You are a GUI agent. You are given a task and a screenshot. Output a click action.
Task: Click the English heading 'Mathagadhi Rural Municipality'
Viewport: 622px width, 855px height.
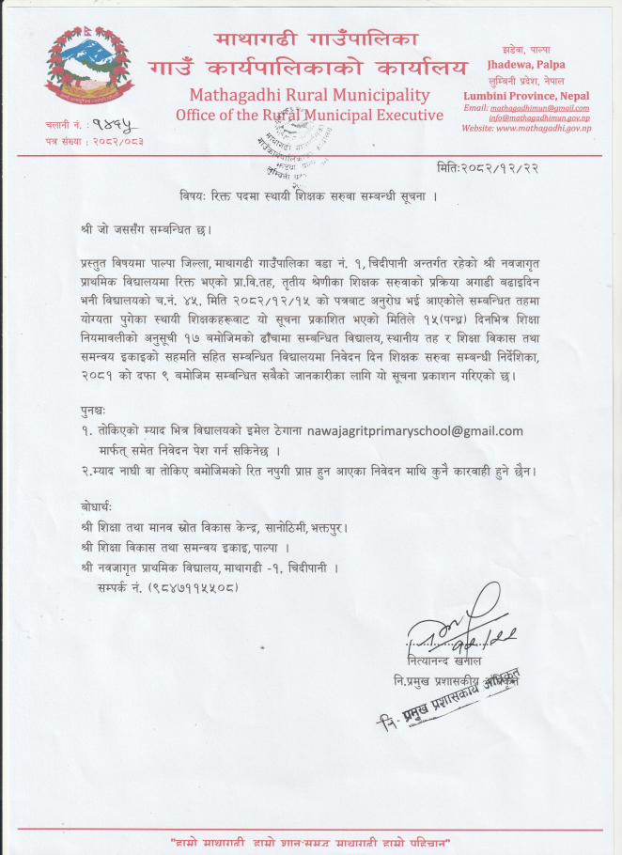[309, 95]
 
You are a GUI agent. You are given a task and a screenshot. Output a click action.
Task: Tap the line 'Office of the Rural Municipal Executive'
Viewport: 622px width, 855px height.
[309, 115]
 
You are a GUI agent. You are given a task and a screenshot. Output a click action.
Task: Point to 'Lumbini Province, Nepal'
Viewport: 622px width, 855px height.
[526, 96]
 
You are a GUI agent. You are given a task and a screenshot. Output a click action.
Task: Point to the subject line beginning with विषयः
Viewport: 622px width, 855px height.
[309, 196]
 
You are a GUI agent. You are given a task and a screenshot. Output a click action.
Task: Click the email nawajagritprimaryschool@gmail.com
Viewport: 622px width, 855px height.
[414, 430]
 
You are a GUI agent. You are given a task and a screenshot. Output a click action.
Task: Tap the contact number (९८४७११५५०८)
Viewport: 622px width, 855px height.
[168, 586]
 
